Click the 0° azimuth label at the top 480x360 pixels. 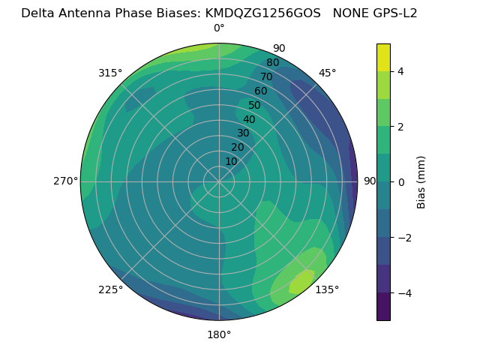coord(219,28)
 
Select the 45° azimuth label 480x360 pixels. coord(327,73)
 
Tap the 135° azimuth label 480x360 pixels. coord(327,289)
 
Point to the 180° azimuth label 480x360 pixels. coord(219,334)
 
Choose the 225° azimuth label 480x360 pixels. coord(110,289)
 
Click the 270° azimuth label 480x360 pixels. coord(65,181)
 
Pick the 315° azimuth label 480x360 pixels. coord(110,73)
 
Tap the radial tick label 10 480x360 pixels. coord(231,161)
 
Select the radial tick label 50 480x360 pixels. coord(255,105)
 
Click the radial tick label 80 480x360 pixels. coord(273,63)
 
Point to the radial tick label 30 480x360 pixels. coord(243,133)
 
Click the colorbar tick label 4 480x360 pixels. coord(400,71)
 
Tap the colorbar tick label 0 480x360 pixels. coord(400,181)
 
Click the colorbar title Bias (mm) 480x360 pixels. coord(421,181)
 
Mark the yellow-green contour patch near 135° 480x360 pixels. coord(302,281)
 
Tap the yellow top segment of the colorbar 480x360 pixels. coord(383,57)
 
